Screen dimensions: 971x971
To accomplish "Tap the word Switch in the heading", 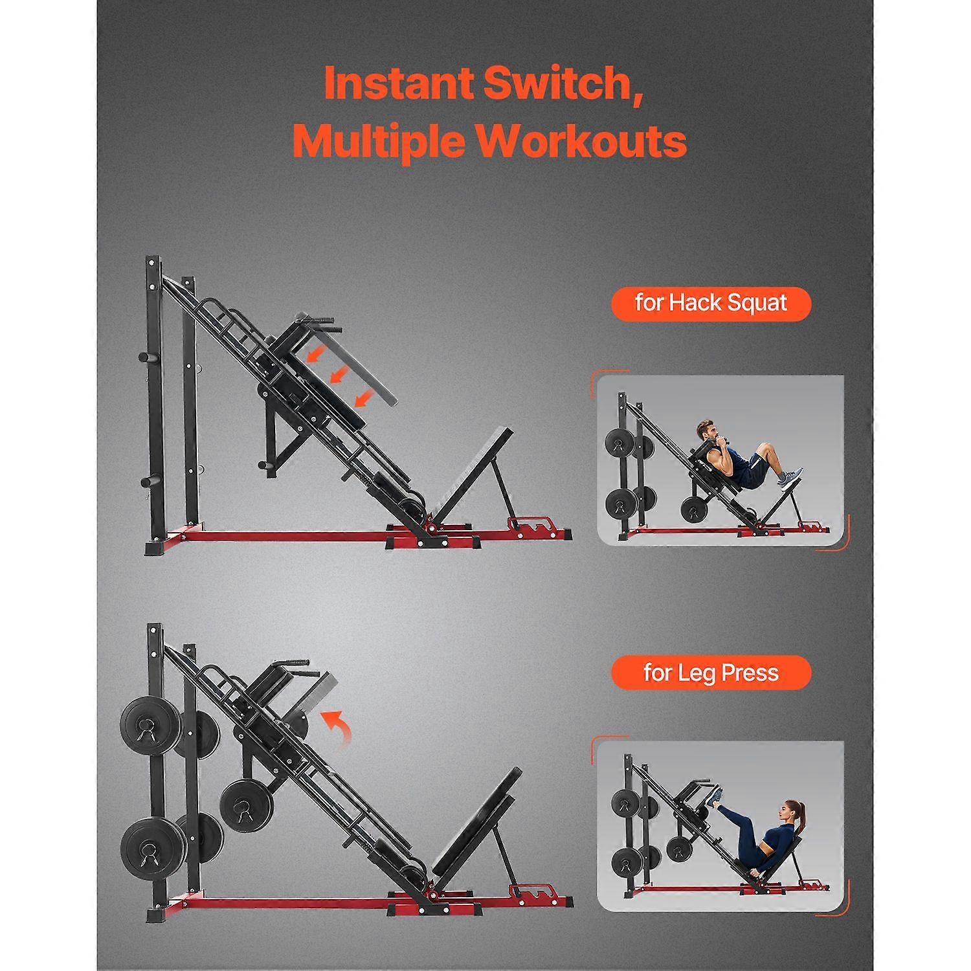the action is tap(563, 83).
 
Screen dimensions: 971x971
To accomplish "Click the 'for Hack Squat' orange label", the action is tap(711, 304).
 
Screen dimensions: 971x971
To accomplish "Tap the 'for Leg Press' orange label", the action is tap(711, 673).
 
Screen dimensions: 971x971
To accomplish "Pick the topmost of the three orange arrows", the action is tap(316, 353).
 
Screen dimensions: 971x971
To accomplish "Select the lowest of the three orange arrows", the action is tap(364, 397).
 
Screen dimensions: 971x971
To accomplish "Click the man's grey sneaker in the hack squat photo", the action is tap(790, 478).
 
